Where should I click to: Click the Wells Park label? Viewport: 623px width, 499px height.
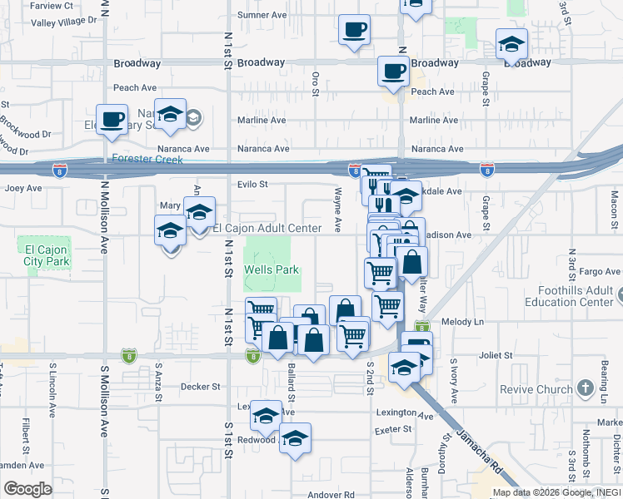(x=271, y=270)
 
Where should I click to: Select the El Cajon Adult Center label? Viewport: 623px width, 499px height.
(x=267, y=228)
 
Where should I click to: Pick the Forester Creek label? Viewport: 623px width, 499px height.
(x=146, y=159)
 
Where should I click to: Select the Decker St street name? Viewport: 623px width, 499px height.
(x=201, y=386)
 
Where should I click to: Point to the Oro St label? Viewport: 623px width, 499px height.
(x=316, y=83)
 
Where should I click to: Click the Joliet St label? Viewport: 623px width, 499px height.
(x=496, y=355)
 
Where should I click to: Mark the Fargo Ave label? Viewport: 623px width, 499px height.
(x=601, y=271)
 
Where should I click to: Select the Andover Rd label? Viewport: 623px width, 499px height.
(x=331, y=494)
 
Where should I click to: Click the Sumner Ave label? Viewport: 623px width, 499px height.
(x=263, y=15)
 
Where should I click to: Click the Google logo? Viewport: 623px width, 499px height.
(x=27, y=489)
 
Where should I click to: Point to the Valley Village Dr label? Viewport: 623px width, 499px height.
(x=64, y=22)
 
